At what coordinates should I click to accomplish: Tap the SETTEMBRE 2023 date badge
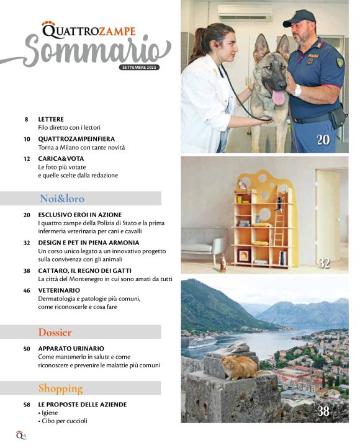pyautogui.click(x=140, y=67)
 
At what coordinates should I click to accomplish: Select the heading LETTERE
pyautogui.click(x=51, y=119)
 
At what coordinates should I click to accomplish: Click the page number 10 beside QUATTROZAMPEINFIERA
pyautogui.click(x=27, y=139)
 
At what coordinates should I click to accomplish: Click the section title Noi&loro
pyautogui.click(x=62, y=199)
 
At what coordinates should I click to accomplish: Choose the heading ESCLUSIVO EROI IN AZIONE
pyautogui.click(x=80, y=214)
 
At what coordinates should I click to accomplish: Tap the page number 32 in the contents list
pyautogui.click(x=27, y=242)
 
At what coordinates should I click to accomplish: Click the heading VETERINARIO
pyautogui.click(x=59, y=290)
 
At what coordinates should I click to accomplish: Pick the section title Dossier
pyautogui.click(x=55, y=332)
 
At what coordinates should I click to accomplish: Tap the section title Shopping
pyautogui.click(x=60, y=388)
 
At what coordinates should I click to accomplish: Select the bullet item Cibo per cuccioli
pyautogui.click(x=65, y=421)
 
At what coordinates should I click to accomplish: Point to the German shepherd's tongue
pyautogui.click(x=278, y=97)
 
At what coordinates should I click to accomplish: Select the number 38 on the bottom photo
pyautogui.click(x=323, y=411)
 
